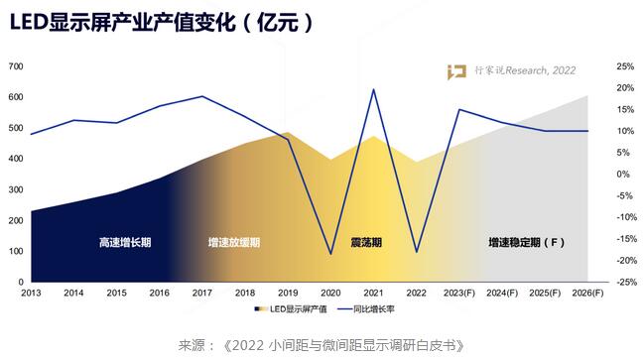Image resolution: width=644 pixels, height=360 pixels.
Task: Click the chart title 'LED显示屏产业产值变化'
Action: [122, 22]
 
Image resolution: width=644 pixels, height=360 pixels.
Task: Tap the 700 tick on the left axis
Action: [16, 66]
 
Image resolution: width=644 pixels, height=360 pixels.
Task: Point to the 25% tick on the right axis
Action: [625, 66]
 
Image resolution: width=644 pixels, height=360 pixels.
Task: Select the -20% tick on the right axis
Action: [626, 261]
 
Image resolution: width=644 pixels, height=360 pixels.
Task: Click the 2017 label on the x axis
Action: [202, 294]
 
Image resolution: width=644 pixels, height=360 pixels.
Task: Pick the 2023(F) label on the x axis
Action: [459, 294]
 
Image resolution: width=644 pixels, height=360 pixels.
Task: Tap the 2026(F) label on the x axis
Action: [587, 294]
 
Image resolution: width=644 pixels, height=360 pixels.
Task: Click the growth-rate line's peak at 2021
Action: [373, 89]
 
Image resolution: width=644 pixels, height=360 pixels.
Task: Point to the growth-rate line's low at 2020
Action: [331, 254]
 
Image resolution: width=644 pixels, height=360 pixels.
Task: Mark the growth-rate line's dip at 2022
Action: [417, 252]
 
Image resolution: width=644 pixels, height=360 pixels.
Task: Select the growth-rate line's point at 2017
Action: [202, 96]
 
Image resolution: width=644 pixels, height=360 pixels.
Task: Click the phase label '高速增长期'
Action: [125, 243]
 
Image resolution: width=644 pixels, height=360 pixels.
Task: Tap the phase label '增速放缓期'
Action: [234, 243]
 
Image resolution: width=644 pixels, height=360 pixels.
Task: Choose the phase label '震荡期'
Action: [366, 243]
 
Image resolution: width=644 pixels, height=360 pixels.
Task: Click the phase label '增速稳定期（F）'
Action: [527, 243]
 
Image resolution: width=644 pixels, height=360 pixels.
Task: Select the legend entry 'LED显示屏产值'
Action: [291, 309]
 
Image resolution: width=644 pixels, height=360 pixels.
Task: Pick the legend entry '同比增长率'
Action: [366, 309]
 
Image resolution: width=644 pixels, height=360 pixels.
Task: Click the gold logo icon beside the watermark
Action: [456, 71]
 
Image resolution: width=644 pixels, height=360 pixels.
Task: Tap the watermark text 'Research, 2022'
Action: [541, 70]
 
